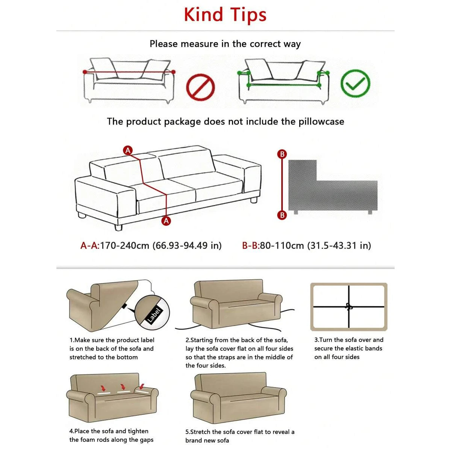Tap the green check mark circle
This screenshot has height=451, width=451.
click(355, 83)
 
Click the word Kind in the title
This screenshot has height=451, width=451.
click(203, 15)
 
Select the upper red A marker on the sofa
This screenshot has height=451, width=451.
click(128, 150)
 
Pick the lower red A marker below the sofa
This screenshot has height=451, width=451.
click(166, 221)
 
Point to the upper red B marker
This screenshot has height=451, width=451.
click(282, 154)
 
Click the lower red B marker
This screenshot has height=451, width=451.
click(282, 215)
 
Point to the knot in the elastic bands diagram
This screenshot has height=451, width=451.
click(349, 307)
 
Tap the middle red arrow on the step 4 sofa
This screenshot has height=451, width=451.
click(122, 387)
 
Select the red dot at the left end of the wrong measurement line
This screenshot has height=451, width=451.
click(85, 72)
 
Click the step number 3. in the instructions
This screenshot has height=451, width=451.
click(316, 340)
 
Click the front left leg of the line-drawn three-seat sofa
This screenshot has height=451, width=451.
click(118, 227)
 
